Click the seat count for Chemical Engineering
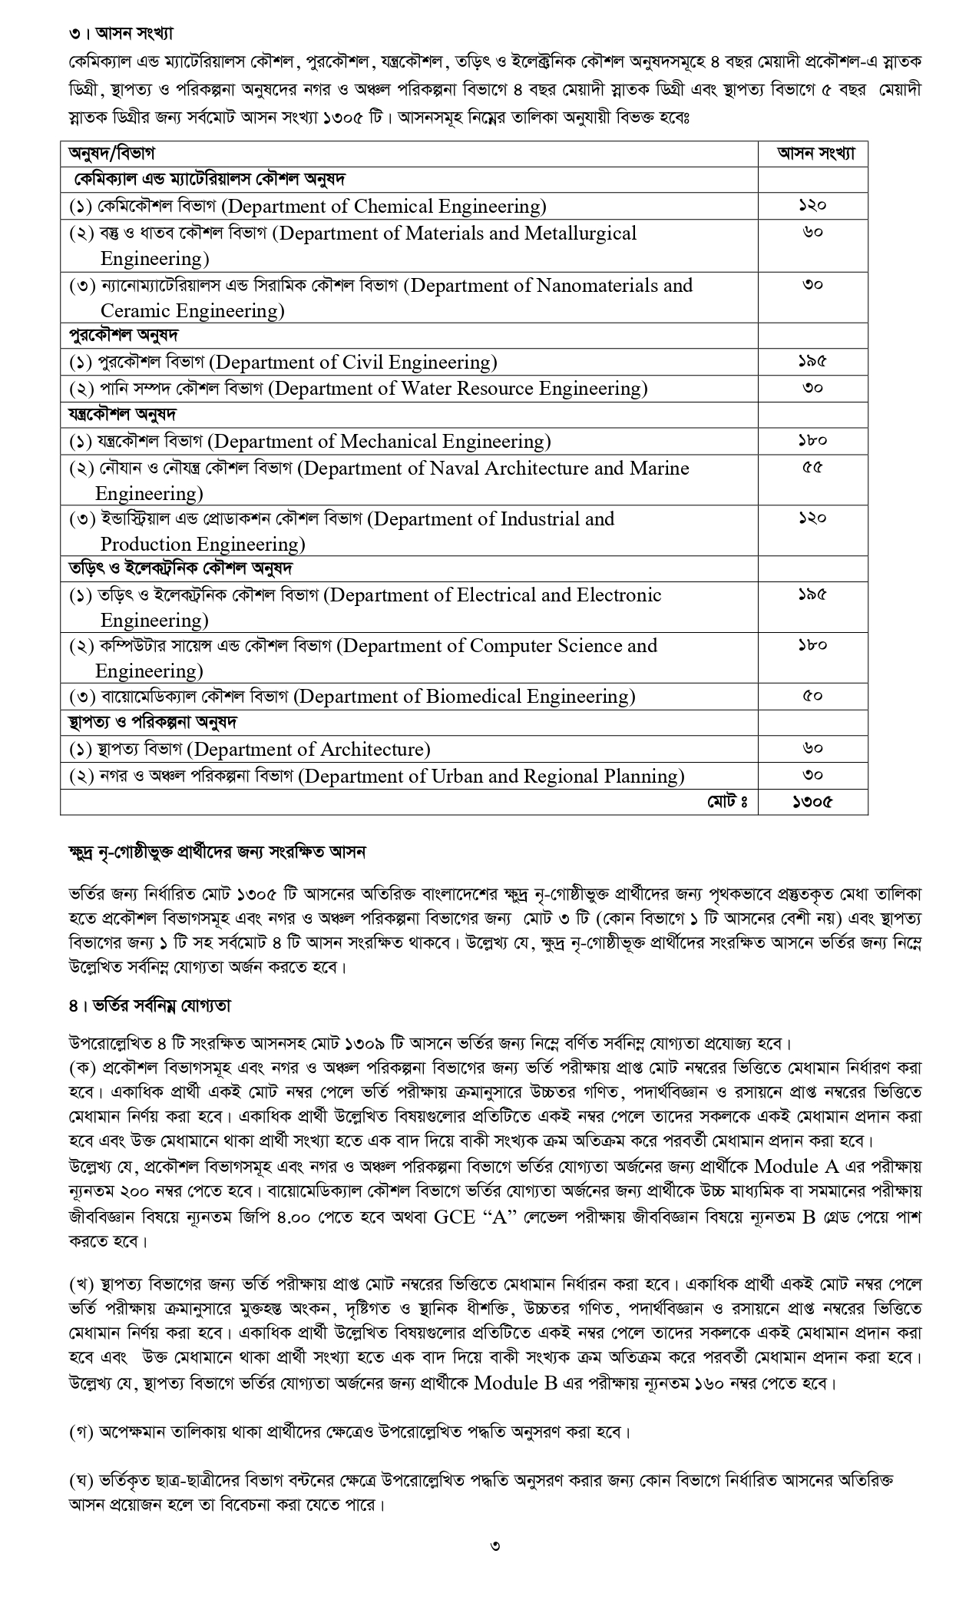click(812, 206)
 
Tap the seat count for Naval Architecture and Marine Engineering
click(812, 468)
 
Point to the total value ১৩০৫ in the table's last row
click(812, 802)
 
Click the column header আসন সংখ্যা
click(812, 154)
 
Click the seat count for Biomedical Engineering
click(812, 697)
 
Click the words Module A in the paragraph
click(797, 1166)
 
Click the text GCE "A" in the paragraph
click(476, 1217)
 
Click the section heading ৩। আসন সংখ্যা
click(118, 34)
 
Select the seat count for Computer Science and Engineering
click(812, 646)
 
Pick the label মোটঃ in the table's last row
click(726, 802)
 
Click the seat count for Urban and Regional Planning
click(812, 775)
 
